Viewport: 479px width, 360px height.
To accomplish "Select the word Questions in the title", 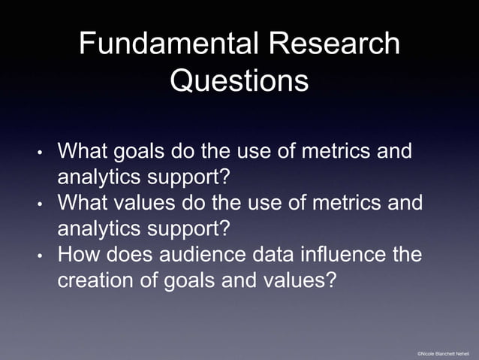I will (x=239, y=80).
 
